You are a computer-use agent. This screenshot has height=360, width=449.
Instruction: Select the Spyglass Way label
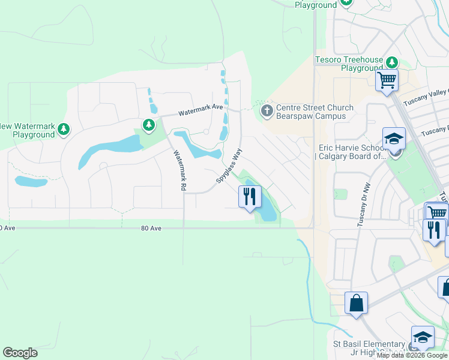coord(229,166)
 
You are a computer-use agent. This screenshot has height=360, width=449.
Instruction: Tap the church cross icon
coord(267,110)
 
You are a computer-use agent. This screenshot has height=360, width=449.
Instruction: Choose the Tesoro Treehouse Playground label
coord(349,64)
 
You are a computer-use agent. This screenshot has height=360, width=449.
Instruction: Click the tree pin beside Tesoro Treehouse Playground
coord(392,62)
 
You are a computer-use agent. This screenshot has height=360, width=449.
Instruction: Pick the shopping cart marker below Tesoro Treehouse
coord(387,79)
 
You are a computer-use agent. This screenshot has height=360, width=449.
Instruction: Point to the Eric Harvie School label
coord(350,152)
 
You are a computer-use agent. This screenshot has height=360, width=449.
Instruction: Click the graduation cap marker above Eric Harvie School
coord(394,139)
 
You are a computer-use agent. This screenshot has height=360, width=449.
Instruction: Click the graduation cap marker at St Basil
coord(423,337)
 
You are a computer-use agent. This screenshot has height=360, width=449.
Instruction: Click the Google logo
coord(20,353)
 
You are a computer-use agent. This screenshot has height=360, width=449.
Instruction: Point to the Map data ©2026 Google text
coord(412,355)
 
